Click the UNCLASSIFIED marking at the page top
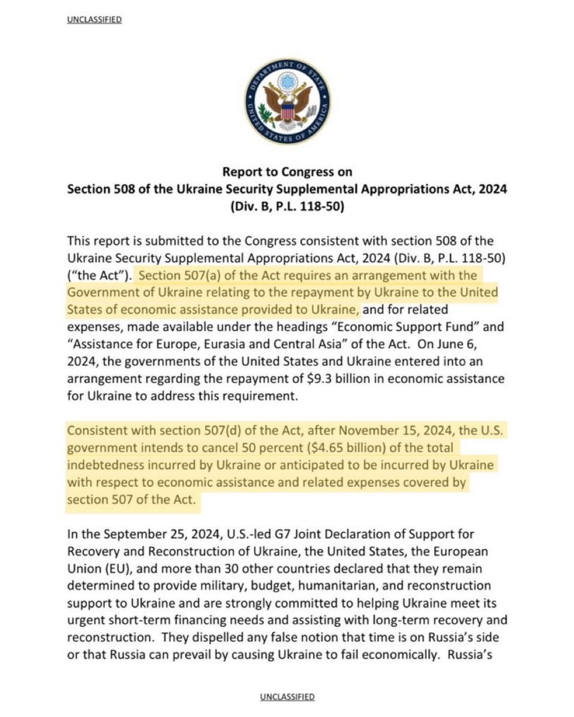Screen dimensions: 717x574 pos(95,20)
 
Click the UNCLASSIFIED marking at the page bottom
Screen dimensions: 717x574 pos(287,697)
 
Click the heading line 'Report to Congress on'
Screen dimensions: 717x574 pos(287,171)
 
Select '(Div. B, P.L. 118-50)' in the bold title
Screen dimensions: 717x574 pos(287,207)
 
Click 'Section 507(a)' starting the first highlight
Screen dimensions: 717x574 pos(174,275)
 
